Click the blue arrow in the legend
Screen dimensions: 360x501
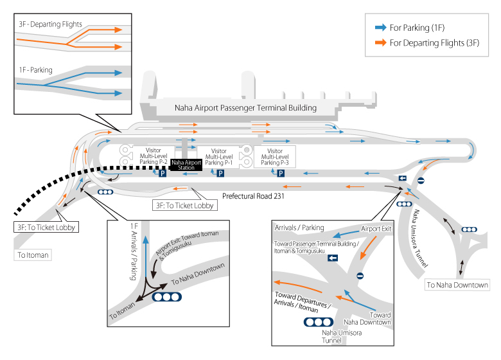(x=380, y=28)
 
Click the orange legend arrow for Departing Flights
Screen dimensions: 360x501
(x=380, y=43)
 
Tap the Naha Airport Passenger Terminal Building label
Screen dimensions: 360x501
(x=246, y=108)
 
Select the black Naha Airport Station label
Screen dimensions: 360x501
(x=186, y=165)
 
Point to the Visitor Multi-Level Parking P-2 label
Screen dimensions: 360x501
(x=154, y=156)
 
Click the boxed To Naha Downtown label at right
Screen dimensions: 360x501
(x=457, y=285)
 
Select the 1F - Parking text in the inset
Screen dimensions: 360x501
(x=35, y=70)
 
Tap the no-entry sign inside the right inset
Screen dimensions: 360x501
(x=360, y=276)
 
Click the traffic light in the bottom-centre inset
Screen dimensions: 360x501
(x=166, y=297)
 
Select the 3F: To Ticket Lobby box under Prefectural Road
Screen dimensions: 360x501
(x=183, y=206)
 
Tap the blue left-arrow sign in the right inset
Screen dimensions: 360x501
(x=333, y=258)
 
